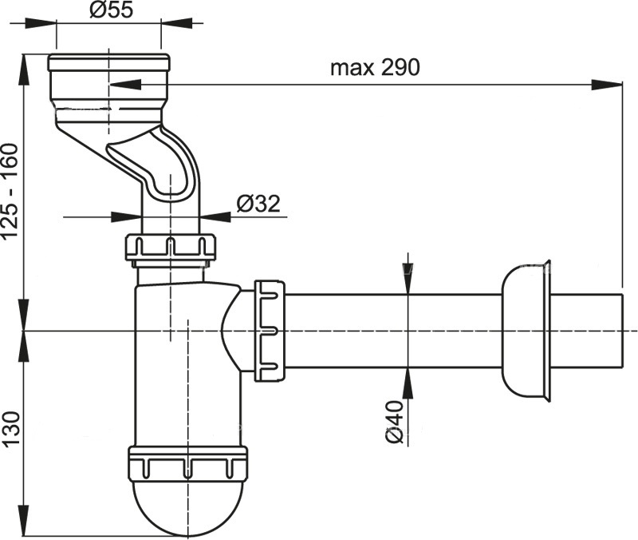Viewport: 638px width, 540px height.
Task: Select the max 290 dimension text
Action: click(374, 67)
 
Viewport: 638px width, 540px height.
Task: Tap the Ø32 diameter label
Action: click(257, 204)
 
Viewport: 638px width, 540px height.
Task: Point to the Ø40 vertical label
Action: click(393, 420)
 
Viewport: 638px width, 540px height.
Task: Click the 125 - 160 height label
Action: click(10, 191)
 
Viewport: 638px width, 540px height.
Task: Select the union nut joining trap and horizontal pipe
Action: click(270, 330)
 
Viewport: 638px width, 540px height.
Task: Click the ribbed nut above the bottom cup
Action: click(187, 464)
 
